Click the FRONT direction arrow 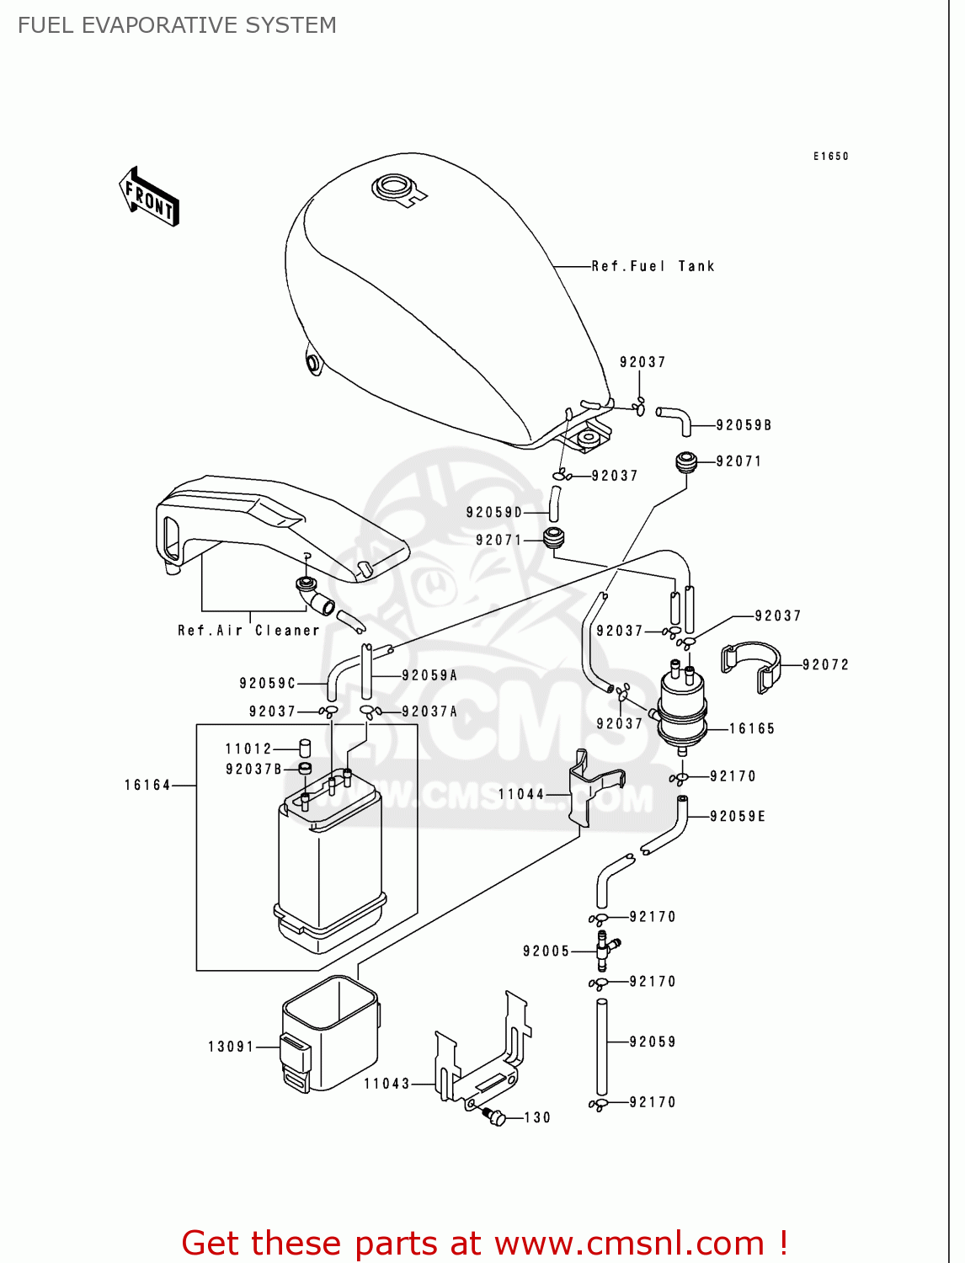(x=149, y=197)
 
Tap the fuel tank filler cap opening (x=392, y=185)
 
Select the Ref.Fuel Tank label (x=653, y=266)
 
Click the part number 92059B (x=744, y=425)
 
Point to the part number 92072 (x=825, y=664)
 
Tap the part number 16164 (x=147, y=785)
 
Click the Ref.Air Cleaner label (x=248, y=630)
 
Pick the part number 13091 (x=231, y=1047)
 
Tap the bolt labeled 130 (x=495, y=1117)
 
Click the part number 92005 (x=546, y=951)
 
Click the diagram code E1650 (x=830, y=156)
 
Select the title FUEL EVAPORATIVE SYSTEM (x=177, y=25)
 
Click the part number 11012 (x=248, y=749)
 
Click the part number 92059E (x=738, y=816)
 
